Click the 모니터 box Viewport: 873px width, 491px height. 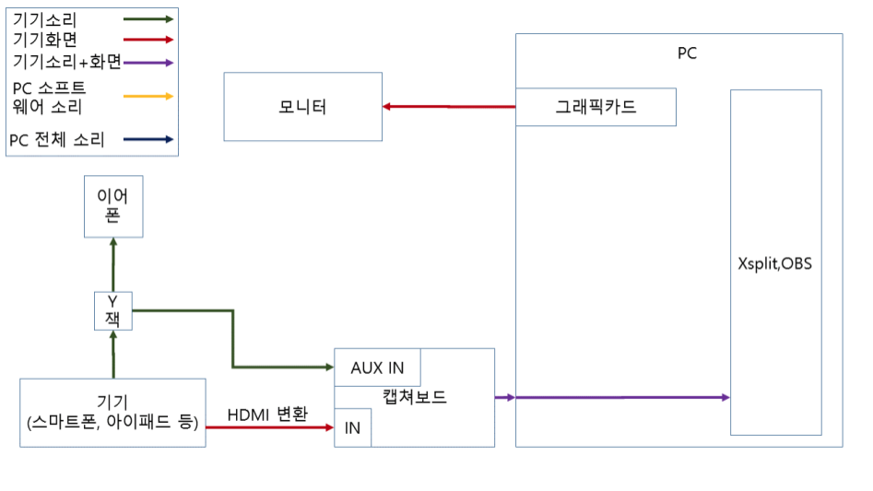click(x=303, y=108)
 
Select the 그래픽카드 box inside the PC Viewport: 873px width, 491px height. click(x=596, y=107)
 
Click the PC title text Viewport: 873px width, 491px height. click(x=687, y=53)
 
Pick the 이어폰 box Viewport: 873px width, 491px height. click(x=113, y=205)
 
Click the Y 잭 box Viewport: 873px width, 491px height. click(x=113, y=310)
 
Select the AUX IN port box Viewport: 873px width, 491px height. click(x=377, y=368)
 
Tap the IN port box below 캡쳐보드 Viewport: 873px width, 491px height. click(x=352, y=428)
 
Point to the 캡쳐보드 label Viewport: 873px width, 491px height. click(x=414, y=398)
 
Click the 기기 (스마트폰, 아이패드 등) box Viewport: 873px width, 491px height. click(x=112, y=413)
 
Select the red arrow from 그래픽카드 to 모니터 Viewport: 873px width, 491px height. click(x=449, y=107)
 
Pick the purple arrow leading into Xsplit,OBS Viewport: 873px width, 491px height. click(x=622, y=397)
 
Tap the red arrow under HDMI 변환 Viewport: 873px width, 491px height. click(x=269, y=428)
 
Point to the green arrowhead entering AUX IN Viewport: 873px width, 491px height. click(x=326, y=368)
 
